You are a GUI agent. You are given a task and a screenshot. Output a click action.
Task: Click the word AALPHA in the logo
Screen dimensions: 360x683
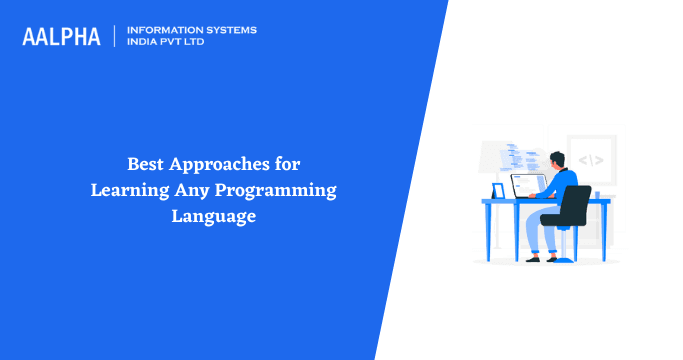click(61, 36)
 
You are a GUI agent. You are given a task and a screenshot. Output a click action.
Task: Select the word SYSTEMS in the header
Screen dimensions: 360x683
click(228, 30)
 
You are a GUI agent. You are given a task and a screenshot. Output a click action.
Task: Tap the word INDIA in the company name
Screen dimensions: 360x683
click(144, 42)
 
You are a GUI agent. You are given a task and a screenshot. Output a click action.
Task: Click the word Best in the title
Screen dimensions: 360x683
click(145, 164)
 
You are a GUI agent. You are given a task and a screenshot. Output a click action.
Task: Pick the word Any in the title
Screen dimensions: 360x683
click(188, 189)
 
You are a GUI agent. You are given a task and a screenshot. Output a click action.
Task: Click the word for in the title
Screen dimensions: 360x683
click(287, 164)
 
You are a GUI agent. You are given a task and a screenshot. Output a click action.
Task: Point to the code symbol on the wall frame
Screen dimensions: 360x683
click(591, 159)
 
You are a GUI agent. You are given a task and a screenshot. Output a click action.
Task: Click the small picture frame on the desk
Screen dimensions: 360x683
click(498, 191)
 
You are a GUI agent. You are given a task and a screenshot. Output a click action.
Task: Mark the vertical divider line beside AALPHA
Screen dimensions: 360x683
click(115, 36)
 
